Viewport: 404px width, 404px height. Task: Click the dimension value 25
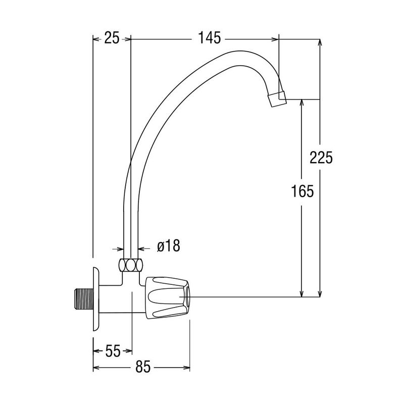pos(112,38)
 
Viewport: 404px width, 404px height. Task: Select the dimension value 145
pos(209,38)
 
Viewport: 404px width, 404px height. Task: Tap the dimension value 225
pos(321,158)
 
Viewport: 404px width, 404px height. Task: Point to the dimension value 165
pos(302,191)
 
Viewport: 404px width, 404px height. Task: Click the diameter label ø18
pos(169,245)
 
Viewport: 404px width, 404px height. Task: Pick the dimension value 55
pos(113,350)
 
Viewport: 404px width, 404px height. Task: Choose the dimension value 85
pos(143,367)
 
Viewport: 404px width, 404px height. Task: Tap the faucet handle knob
pos(168,297)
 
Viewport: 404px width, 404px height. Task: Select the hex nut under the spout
pos(131,265)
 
